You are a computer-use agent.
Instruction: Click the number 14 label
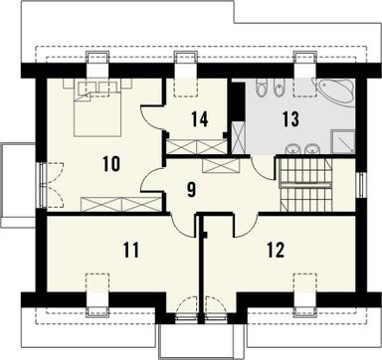(x=200, y=120)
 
